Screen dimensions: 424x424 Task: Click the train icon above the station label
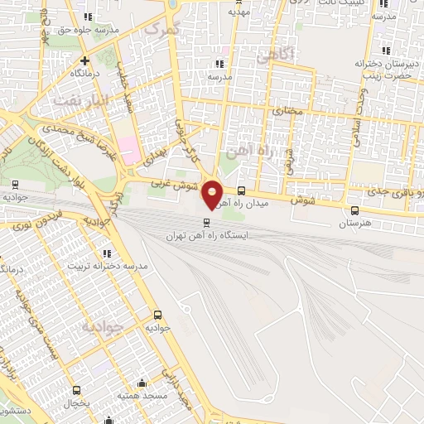(x=207, y=221)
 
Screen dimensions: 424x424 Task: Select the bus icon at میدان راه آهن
(x=241, y=190)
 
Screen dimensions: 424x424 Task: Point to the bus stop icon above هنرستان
(x=355, y=210)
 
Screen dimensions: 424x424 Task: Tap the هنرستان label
(x=356, y=224)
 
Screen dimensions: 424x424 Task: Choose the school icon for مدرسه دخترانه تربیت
(x=107, y=253)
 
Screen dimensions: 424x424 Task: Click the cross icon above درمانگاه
(x=84, y=60)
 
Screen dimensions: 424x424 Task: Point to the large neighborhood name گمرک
(x=161, y=29)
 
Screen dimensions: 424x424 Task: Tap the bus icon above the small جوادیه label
(x=157, y=315)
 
